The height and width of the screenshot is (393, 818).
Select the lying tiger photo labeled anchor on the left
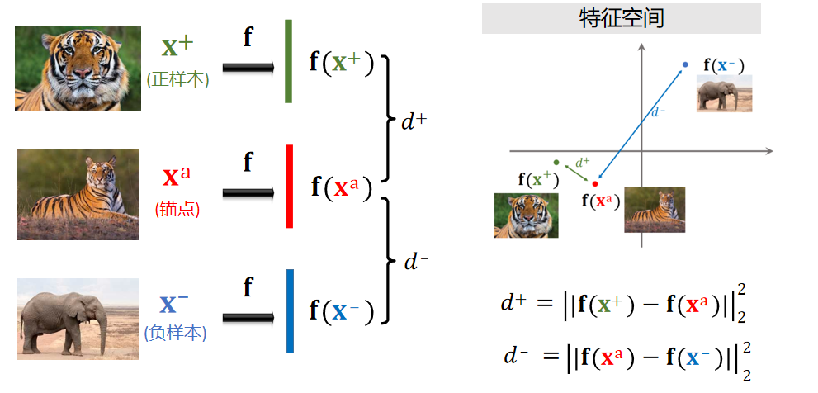click(78, 194)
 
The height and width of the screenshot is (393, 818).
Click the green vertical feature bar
click(289, 62)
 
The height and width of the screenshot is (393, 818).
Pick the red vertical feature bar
click(289, 187)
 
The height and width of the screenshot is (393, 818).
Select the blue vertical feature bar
click(290, 311)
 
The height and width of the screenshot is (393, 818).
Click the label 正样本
click(177, 80)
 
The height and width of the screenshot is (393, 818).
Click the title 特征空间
click(622, 19)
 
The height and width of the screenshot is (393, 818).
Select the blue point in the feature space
click(685, 64)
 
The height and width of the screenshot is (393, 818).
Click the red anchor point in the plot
click(594, 183)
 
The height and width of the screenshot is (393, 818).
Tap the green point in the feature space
click(556, 162)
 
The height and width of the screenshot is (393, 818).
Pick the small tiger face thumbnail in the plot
click(526, 215)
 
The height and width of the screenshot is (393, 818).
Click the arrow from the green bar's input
click(248, 68)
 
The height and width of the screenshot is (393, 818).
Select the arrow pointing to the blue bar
click(248, 317)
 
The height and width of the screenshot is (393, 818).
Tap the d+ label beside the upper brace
click(414, 121)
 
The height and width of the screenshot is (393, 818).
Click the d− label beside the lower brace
click(416, 263)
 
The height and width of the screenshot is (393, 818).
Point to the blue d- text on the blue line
click(658, 111)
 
